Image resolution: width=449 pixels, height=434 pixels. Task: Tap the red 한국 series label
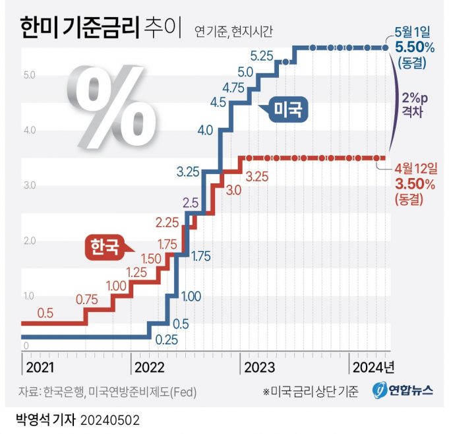(105, 247)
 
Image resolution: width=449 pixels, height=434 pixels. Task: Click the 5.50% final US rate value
(413, 47)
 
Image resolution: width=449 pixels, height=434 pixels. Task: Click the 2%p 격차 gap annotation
(415, 104)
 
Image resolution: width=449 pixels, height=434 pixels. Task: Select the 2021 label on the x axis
(40, 366)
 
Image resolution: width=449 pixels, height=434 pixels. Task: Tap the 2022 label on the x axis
(149, 366)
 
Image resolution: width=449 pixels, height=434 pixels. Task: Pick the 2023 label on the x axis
(260, 366)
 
